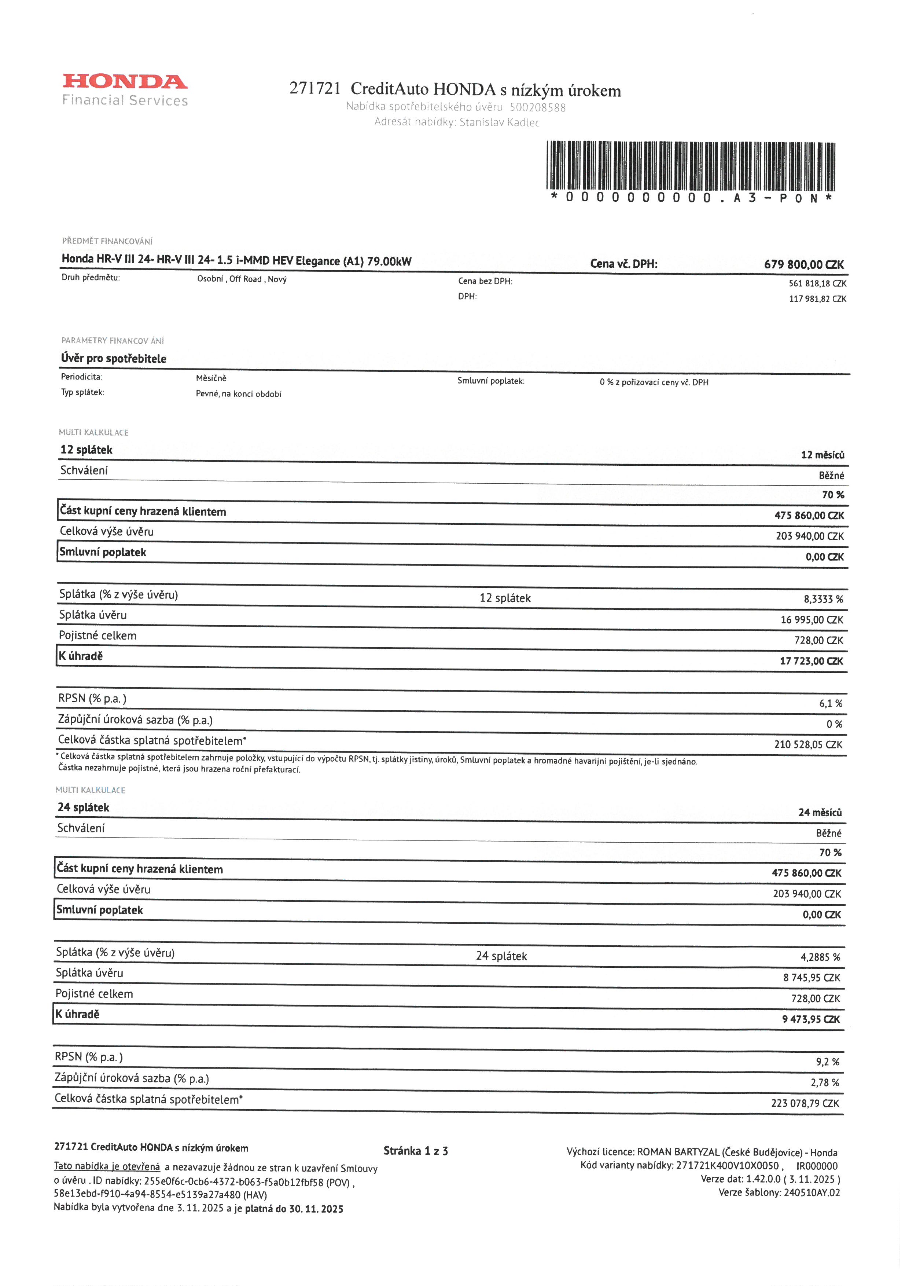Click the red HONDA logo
click(x=125, y=82)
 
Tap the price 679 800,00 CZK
click(x=804, y=264)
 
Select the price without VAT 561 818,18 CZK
click(x=817, y=283)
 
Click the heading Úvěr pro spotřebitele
click(x=114, y=359)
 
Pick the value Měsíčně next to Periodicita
click(x=211, y=378)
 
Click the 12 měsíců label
click(x=822, y=455)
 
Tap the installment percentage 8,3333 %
click(x=823, y=599)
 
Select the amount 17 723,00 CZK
click(x=811, y=661)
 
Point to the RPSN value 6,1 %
click(x=831, y=703)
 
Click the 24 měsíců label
click(x=820, y=812)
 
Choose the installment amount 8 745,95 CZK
click(x=812, y=977)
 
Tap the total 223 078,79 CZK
click(x=805, y=1103)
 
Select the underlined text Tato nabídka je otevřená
click(x=107, y=1166)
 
